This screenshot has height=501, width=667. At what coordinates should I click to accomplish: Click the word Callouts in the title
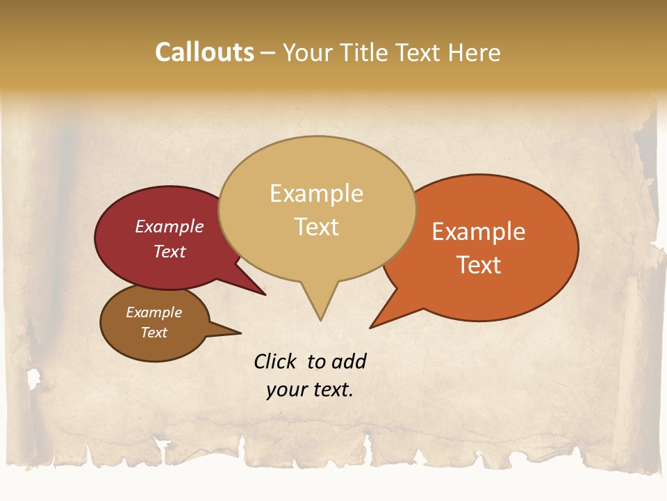coord(204,52)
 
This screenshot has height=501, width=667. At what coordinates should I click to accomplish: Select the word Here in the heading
coord(475,52)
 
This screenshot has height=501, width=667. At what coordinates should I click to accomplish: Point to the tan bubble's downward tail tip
coord(320,319)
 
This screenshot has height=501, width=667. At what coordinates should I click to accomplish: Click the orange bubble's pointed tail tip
coord(371,327)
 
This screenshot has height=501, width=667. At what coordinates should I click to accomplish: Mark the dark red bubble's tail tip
coord(265,294)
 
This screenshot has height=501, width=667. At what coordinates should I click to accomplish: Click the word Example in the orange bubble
coord(479,232)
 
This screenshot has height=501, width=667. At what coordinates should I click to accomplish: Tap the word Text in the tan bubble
coord(317,227)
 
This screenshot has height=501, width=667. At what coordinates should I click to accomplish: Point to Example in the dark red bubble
coord(170,226)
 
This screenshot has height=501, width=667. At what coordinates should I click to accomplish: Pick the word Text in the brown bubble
coord(154,333)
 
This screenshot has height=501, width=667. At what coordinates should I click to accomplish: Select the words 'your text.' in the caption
coord(310,390)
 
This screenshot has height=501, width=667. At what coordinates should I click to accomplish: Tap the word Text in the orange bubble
coord(479,265)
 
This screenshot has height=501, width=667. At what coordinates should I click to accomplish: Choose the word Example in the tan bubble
coord(317,193)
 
